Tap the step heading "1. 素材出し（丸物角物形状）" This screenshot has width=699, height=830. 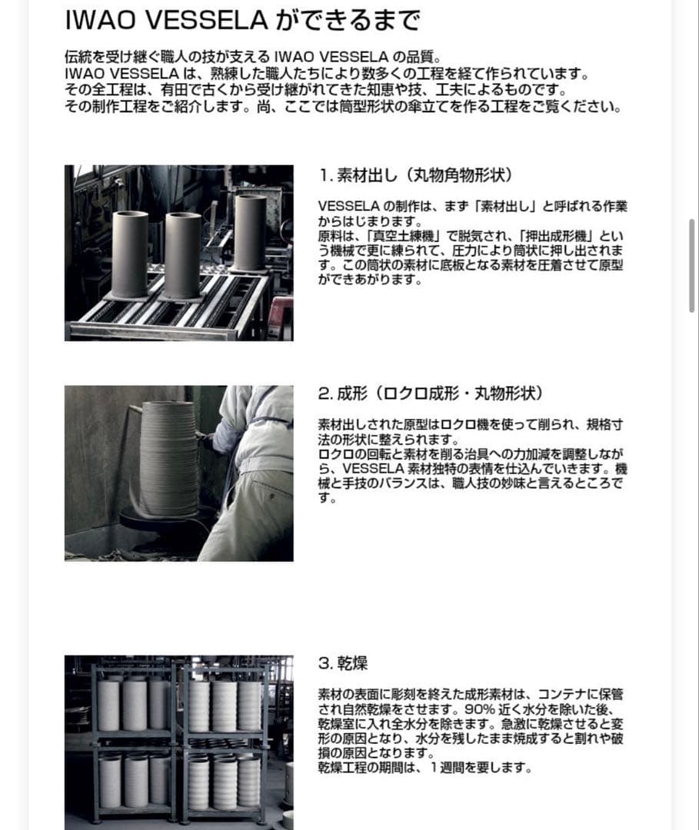(415, 174)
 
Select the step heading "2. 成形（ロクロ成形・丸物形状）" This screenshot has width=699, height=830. (431, 393)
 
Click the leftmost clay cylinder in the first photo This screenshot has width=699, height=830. (129, 254)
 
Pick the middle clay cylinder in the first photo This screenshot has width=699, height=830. (183, 255)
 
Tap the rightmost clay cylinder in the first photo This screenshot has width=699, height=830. (250, 232)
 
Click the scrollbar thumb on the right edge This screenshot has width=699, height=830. (692, 265)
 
